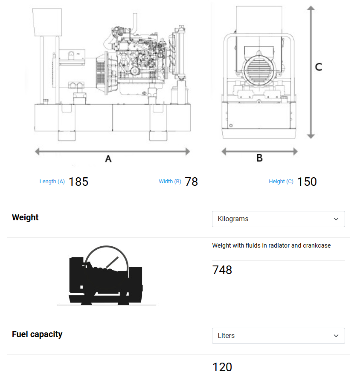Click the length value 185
pos(78,182)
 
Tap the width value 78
pos(192,182)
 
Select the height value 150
pos(307,182)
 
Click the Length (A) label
pos(52,182)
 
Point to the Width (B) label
pos(170,182)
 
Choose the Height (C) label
pos(281,182)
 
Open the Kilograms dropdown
pos(278,219)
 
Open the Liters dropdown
pos(278,336)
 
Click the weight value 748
pos(222,270)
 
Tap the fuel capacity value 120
pos(222,367)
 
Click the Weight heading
pos(25,217)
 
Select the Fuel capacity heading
pos(37,334)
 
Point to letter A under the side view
pos(108,159)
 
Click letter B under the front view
pos(259,158)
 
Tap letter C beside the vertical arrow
pos(318,67)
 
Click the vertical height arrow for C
pos(311,72)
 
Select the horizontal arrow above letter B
pos(259,151)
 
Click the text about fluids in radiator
pos(271,245)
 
